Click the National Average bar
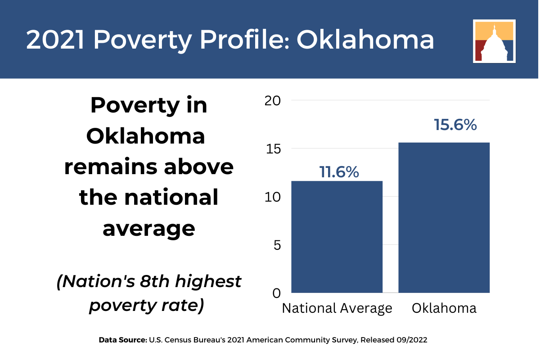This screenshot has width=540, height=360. (x=337, y=237)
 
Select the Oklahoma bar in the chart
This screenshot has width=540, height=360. (x=444, y=218)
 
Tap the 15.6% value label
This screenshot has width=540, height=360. (x=455, y=125)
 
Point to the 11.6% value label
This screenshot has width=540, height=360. (x=339, y=172)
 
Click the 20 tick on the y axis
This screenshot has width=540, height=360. (x=272, y=101)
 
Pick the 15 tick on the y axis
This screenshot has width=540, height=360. (x=273, y=149)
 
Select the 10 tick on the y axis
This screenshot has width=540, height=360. (x=272, y=197)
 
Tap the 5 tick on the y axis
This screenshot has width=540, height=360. (x=277, y=245)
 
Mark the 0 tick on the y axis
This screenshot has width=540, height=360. (x=277, y=293)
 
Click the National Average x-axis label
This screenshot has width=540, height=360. (x=337, y=309)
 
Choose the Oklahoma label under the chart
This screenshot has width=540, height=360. (x=444, y=308)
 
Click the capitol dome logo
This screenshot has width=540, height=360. (x=494, y=41)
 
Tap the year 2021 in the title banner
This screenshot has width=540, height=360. (x=55, y=40)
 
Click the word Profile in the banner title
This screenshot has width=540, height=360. (x=245, y=40)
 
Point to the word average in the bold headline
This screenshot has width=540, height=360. (x=149, y=229)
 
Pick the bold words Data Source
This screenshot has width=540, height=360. (x=123, y=340)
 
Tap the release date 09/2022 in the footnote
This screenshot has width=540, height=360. (x=411, y=340)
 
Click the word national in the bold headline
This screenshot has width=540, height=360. (x=171, y=198)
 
